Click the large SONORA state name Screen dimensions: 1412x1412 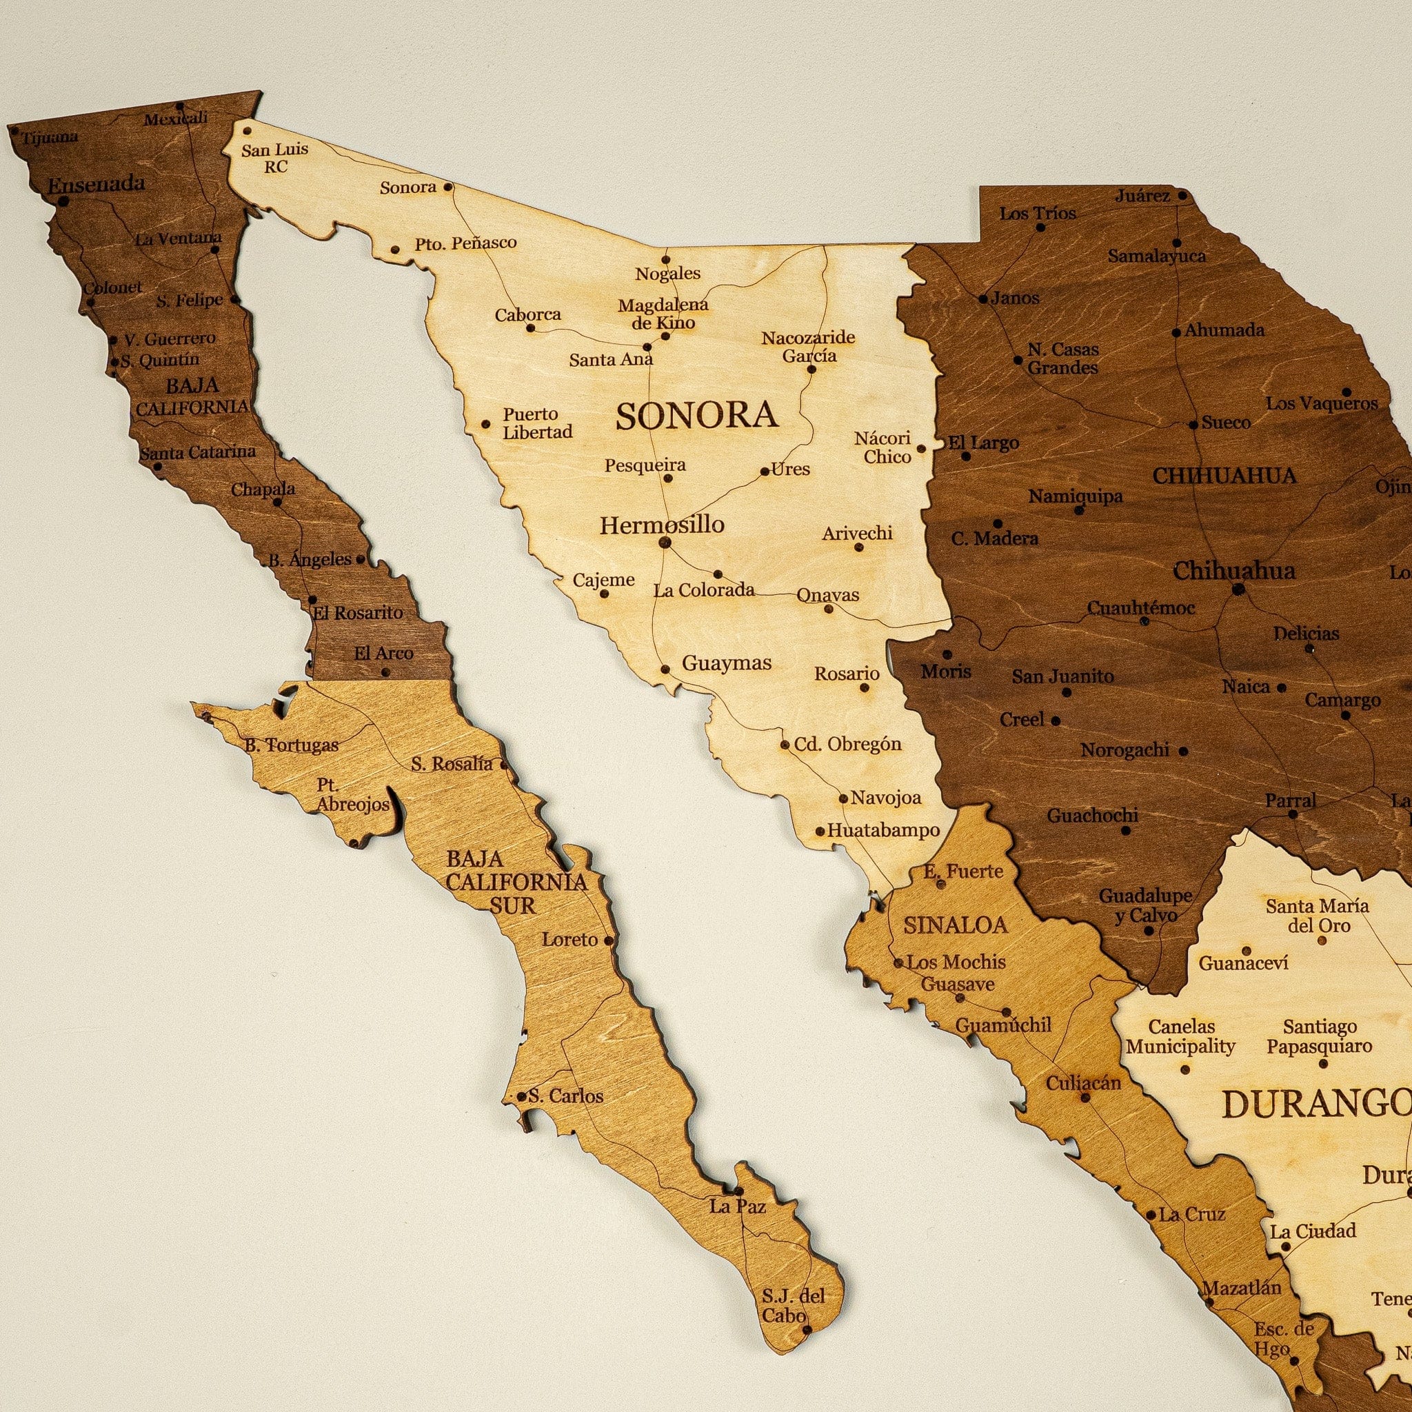point(696,415)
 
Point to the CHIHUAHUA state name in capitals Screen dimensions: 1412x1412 point(1224,476)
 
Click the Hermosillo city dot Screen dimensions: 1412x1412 point(665,543)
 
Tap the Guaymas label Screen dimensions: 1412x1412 point(727,663)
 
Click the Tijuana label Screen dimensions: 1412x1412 point(50,137)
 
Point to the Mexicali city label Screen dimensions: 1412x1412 point(175,119)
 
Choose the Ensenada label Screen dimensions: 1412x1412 point(96,184)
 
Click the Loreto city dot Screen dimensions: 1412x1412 point(609,940)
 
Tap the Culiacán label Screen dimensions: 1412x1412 point(1083,1082)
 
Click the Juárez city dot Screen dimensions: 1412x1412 point(1182,196)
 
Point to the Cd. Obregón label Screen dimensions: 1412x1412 point(848,744)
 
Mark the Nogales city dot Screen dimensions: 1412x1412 point(666,259)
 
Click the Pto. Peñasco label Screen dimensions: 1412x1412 point(465,243)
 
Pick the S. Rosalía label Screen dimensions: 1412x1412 point(452,765)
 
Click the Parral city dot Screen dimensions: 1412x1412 point(1292,814)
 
